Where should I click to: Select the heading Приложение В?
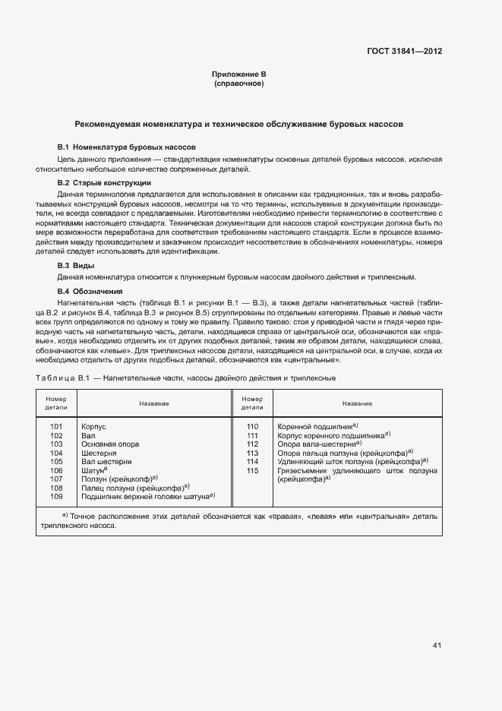[238, 74]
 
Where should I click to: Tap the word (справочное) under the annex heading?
[238, 83]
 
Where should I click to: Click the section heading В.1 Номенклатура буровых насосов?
[127, 146]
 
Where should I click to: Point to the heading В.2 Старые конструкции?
[104, 183]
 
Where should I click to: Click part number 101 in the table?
[56, 428]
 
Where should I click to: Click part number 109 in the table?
[56, 496]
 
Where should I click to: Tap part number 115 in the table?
[253, 470]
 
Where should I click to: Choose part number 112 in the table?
[253, 444]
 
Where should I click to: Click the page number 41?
[437, 646]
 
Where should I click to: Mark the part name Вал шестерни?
[106, 462]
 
